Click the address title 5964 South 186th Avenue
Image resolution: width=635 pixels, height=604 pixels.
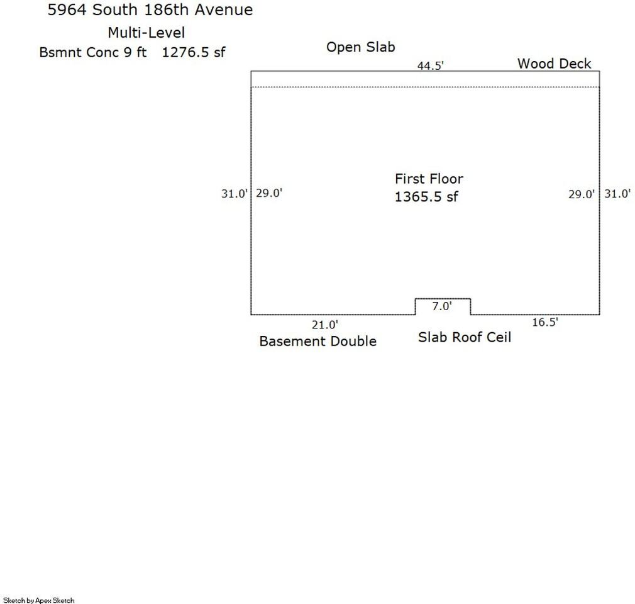click(150, 9)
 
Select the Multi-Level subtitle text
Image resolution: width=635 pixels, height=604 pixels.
click(146, 33)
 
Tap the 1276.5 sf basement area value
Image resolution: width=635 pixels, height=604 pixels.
click(194, 52)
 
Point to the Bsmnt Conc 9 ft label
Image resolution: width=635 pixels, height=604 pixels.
click(93, 52)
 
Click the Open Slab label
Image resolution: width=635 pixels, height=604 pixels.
click(361, 47)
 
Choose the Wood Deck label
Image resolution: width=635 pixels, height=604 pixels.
click(555, 64)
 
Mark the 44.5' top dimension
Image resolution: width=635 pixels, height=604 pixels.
click(431, 65)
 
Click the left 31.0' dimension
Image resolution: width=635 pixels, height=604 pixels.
click(234, 194)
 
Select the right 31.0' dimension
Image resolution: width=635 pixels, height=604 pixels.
click(617, 194)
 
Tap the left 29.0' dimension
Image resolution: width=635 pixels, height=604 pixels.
click(269, 193)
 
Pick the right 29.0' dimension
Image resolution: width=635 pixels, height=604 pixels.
click(582, 194)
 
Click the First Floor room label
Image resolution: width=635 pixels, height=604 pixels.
click(429, 179)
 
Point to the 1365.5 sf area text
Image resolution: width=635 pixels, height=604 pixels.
click(426, 197)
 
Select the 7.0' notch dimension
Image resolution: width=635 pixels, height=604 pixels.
click(442, 306)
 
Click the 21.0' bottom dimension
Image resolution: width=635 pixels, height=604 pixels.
click(325, 325)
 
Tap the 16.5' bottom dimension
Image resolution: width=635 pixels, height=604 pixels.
click(545, 322)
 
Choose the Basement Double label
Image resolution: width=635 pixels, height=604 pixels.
click(318, 341)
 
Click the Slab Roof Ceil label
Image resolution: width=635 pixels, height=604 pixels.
click(465, 337)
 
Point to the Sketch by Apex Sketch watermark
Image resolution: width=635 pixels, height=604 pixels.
click(39, 600)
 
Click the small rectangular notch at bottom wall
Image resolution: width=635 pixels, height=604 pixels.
click(443, 299)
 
